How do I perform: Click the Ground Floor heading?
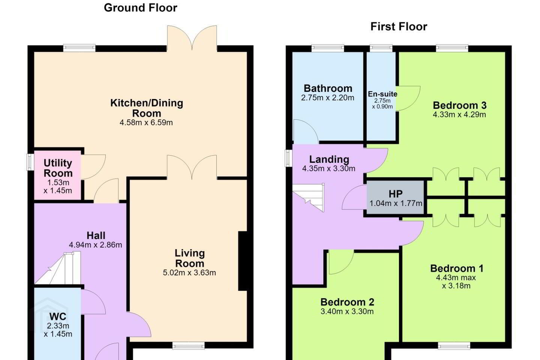(x=141, y=8)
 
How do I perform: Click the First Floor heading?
(x=399, y=27)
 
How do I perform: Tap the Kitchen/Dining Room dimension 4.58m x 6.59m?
(x=146, y=123)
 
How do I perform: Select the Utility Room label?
(x=58, y=168)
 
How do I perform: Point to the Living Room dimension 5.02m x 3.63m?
(x=189, y=273)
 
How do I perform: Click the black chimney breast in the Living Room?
(x=243, y=261)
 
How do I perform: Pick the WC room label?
(x=58, y=316)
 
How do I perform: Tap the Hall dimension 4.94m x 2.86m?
(x=96, y=245)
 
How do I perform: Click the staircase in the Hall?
(x=58, y=268)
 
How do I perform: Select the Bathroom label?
(x=328, y=88)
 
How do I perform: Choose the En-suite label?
(x=382, y=94)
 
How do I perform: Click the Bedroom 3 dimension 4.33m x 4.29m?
(x=459, y=114)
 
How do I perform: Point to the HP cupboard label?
(x=396, y=194)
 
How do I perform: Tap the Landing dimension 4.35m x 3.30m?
(x=328, y=168)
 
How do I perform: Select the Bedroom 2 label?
(x=347, y=302)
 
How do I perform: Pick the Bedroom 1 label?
(x=457, y=268)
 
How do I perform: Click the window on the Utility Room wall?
(x=30, y=162)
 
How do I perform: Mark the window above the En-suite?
(x=381, y=48)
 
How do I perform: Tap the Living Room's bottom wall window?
(x=189, y=345)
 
